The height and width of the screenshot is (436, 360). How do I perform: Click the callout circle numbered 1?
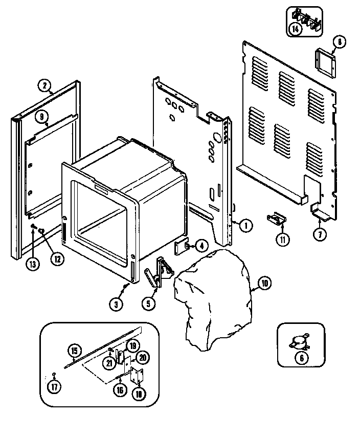pos(245,224)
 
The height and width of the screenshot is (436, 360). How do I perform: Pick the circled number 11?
pos(282,238)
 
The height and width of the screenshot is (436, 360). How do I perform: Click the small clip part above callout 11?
pos(277,219)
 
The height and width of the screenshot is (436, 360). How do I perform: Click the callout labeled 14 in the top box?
pos(296,29)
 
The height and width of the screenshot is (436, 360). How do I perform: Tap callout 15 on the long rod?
pos(74,351)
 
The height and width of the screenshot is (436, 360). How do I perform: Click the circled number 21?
pos(109,363)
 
